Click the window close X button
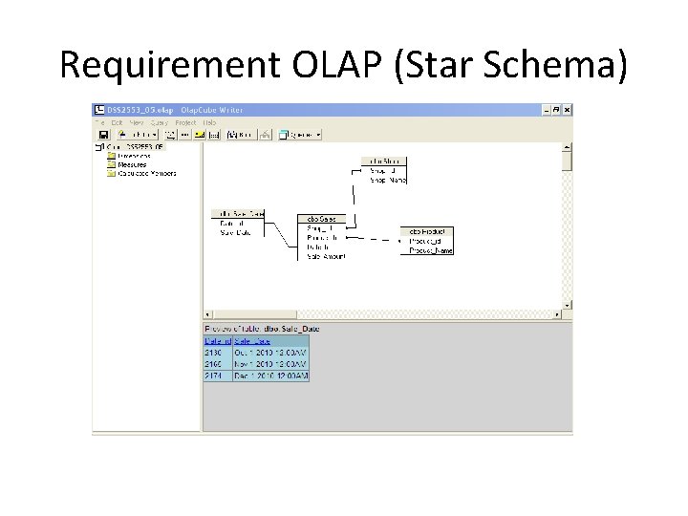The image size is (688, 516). tap(568, 110)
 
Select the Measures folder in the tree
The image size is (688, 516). tap(134, 164)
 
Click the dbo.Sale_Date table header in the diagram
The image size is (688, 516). tap(238, 213)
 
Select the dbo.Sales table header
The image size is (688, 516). tap(321, 219)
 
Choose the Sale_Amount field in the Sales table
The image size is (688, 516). tap(326, 256)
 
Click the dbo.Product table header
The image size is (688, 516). tap(428, 231)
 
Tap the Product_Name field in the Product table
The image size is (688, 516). tap(431, 250)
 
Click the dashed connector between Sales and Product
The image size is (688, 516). tap(375, 238)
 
